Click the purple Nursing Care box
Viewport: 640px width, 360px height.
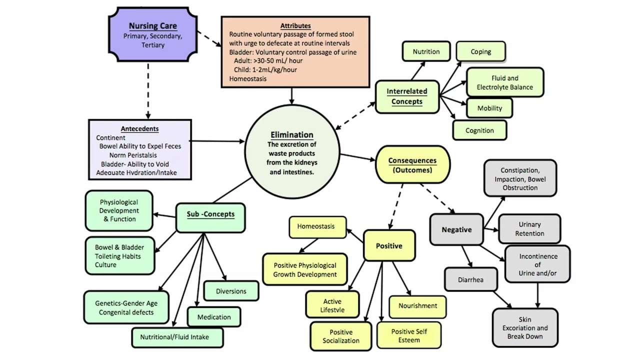[152, 34]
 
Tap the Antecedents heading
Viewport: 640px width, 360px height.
[139, 128]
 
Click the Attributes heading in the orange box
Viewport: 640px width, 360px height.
[295, 25]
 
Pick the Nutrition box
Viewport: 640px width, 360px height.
[426, 51]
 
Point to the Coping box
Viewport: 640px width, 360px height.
[480, 51]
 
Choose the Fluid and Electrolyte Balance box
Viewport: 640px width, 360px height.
[504, 82]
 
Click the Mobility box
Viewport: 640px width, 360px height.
[489, 108]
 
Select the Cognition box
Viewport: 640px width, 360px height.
[479, 130]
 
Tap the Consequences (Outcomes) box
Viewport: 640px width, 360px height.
[412, 165]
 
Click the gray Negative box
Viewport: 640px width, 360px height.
[456, 229]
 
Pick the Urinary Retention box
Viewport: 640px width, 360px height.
[529, 229]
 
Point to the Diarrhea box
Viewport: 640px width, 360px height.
[470, 279]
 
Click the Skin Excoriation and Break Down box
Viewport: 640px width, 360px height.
[525, 328]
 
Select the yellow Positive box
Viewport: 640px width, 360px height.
[389, 245]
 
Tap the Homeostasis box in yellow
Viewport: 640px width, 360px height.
[315, 226]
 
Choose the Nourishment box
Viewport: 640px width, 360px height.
[417, 305]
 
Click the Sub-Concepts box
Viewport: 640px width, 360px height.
[210, 214]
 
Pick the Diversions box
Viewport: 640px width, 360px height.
[231, 291]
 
